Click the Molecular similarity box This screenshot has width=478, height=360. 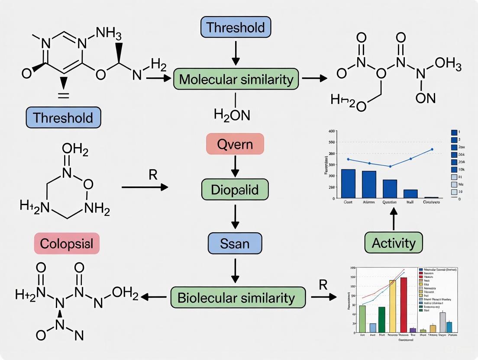coord(236,80)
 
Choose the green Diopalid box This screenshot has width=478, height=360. coord(235,190)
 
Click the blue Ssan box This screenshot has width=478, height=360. coord(235,243)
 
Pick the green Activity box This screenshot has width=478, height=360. coord(394,243)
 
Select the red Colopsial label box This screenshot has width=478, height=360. coord(66,243)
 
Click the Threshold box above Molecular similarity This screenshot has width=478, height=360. coord(236,28)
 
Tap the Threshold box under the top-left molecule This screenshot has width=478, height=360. coord(63,118)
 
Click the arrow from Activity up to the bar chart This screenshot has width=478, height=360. coord(394,218)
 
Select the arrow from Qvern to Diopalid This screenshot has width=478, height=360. coord(235,166)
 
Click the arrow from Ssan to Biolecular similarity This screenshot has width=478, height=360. coord(235,270)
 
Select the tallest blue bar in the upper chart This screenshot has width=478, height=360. coord(348,183)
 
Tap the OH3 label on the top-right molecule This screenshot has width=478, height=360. coord(448,65)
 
